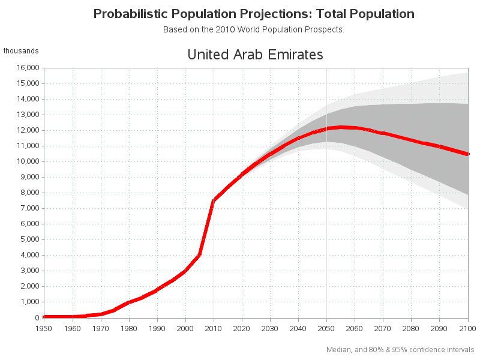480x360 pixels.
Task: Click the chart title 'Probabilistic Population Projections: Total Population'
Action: point(254,13)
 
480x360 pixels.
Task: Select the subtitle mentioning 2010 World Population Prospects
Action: point(253,29)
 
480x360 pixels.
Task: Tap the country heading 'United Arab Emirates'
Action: point(255,55)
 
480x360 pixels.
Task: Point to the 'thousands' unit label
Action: point(21,51)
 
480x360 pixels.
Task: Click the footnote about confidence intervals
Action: point(400,349)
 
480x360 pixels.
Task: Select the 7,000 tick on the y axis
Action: point(29,208)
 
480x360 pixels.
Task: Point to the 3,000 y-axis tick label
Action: point(29,271)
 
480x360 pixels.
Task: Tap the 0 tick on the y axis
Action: point(37,317)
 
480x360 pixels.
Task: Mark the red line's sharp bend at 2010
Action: point(214,201)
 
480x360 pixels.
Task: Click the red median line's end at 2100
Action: point(467,154)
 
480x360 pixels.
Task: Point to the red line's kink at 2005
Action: point(199,255)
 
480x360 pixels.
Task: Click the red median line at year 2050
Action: point(326,128)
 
